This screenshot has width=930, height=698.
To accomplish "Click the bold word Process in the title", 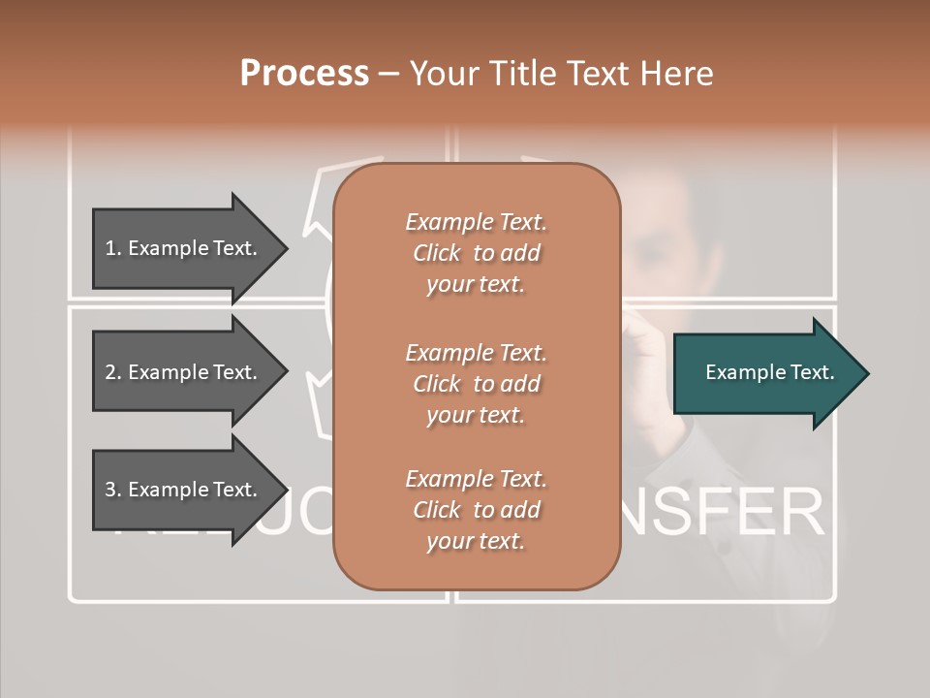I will pyautogui.click(x=304, y=74).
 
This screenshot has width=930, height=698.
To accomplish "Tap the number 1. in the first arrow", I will pyautogui.click(x=113, y=248).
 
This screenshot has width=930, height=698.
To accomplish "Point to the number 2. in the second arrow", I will pyautogui.click(x=113, y=372).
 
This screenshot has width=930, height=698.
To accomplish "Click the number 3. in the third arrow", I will pyautogui.click(x=113, y=490).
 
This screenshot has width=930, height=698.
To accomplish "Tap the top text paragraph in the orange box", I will pyautogui.click(x=476, y=253).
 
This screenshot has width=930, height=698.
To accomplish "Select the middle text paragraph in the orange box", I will pyautogui.click(x=476, y=383).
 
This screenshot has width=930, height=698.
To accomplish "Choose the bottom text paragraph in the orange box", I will pyautogui.click(x=476, y=510).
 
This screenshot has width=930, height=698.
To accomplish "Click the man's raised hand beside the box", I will pyautogui.click(x=644, y=339).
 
